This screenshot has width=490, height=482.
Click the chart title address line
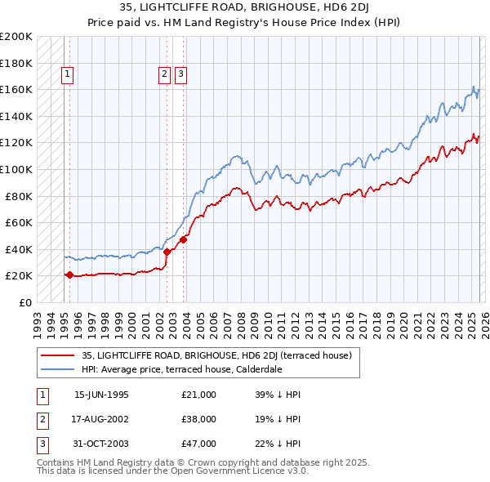pyautogui.click(x=244, y=8)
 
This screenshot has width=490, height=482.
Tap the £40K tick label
pyautogui.click(x=19, y=249)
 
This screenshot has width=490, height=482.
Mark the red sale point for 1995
pyautogui.click(x=69, y=275)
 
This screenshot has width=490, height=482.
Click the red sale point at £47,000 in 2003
pyautogui.click(x=184, y=239)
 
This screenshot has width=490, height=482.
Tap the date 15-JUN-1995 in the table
pyautogui.click(x=101, y=395)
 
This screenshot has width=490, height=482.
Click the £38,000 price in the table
pyautogui.click(x=198, y=419)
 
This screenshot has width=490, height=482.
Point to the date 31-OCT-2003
pyautogui.click(x=101, y=444)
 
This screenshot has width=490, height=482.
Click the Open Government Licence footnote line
pyautogui.click(x=172, y=471)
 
